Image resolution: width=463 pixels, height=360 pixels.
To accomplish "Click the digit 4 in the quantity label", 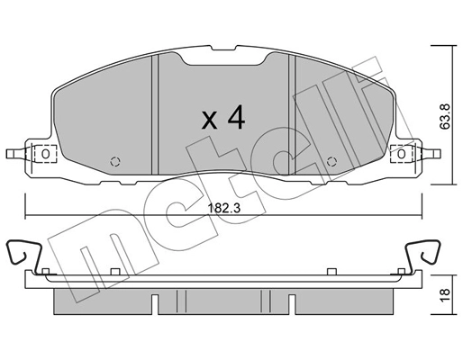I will [x=236, y=116].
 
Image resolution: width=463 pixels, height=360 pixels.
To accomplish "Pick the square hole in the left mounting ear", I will [x=42, y=154].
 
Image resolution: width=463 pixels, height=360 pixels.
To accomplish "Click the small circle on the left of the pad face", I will [x=114, y=162].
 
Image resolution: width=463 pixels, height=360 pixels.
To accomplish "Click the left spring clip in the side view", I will [x=24, y=255].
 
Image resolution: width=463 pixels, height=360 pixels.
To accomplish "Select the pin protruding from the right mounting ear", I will [x=431, y=153].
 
